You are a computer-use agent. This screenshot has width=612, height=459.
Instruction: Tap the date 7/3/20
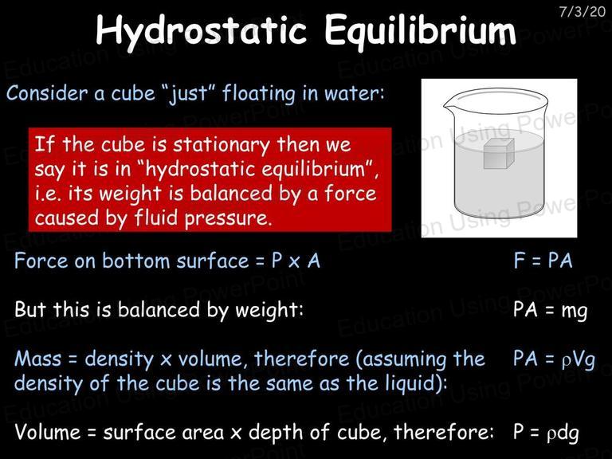pyautogui.click(x=582, y=11)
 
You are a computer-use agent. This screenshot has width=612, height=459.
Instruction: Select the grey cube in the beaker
pyautogui.click(x=499, y=154)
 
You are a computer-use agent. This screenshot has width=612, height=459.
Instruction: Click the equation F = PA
pyautogui.click(x=543, y=261)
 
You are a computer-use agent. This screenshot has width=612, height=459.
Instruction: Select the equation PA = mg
pyautogui.click(x=551, y=310)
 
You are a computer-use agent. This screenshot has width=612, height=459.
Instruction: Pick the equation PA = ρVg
pyautogui.click(x=554, y=359)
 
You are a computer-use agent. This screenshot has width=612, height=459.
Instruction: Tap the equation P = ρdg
pyautogui.click(x=546, y=433)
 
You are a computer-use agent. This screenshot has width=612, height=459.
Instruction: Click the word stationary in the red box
pyautogui.click(x=222, y=145)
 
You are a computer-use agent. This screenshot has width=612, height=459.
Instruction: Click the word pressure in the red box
pyautogui.click(x=228, y=218)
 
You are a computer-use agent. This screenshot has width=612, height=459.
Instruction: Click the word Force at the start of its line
pyautogui.click(x=41, y=261)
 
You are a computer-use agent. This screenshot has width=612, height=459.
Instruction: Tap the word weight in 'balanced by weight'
pyautogui.click(x=269, y=310)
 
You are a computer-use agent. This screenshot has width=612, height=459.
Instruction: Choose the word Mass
pyautogui.click(x=38, y=359)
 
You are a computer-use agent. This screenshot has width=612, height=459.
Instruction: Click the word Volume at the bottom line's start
pyautogui.click(x=47, y=432)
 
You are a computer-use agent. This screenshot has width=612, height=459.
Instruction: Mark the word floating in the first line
pyautogui.click(x=259, y=94)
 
